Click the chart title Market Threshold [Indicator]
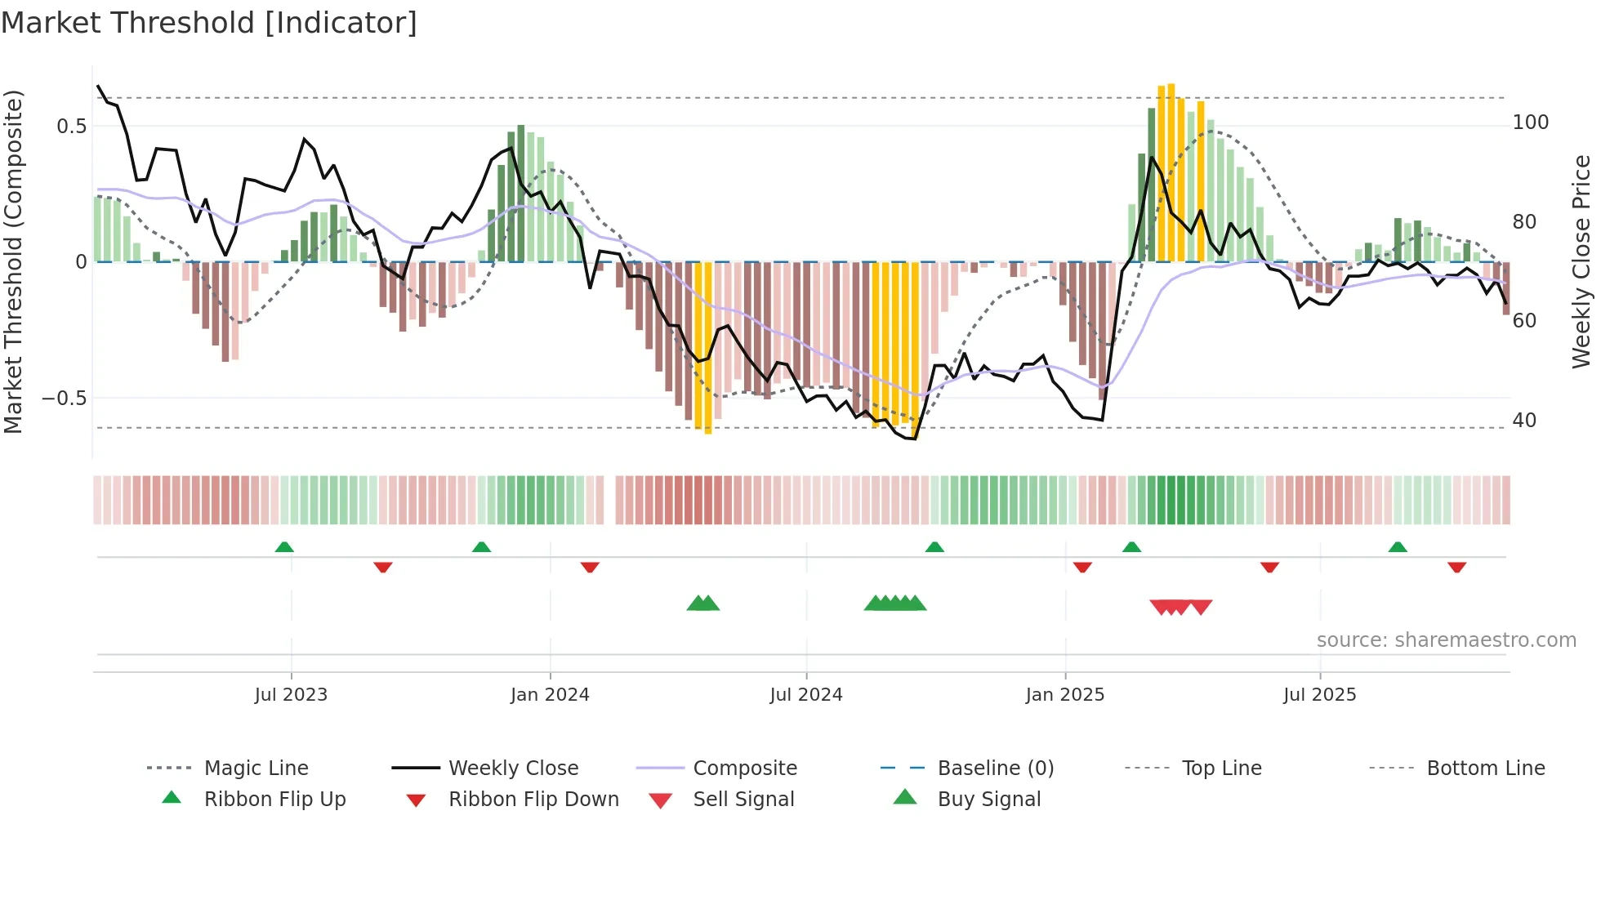pos(209,23)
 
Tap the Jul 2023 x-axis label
pos(291,695)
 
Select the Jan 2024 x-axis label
pos(550,695)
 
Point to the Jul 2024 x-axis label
pos(806,695)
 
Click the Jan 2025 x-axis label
pos(1065,695)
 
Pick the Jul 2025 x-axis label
pos(1320,695)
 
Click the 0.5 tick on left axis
pos(71,126)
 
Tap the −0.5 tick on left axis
pos(65,399)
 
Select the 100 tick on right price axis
pos(1530,123)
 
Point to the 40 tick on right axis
pos(1524,421)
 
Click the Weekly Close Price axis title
pos(1581,261)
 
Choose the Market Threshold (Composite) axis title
pos(13,261)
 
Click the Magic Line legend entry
pos(256,769)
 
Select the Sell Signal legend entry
pos(743,800)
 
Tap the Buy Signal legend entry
pos(988,800)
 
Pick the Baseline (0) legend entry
pos(995,769)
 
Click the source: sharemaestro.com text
pos(1446,640)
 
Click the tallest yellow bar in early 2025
pos(1171,172)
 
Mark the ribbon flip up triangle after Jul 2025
pos(1398,547)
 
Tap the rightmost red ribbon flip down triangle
pos(1456,567)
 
